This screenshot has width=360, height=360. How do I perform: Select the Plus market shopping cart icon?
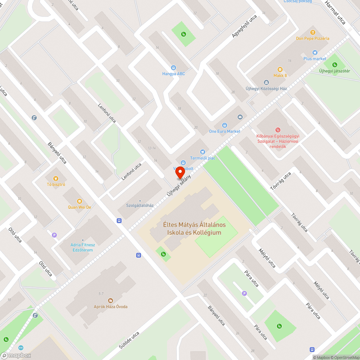[x=305, y=53]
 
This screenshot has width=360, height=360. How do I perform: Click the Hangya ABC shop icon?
[x=174, y=68]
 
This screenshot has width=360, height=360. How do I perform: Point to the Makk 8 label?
[x=280, y=75]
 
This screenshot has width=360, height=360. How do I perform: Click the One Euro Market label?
[x=225, y=131]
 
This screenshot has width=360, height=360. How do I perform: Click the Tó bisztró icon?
[x=56, y=179]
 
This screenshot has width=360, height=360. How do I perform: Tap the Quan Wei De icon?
[x=80, y=201]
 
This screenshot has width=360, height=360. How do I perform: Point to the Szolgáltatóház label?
[x=140, y=206]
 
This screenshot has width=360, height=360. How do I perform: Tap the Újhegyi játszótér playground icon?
[x=335, y=65]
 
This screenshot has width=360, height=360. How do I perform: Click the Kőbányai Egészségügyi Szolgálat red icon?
[x=278, y=130]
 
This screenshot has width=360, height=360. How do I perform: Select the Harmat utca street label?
[x=334, y=12]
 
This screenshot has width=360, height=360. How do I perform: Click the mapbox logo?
[x=16, y=355]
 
